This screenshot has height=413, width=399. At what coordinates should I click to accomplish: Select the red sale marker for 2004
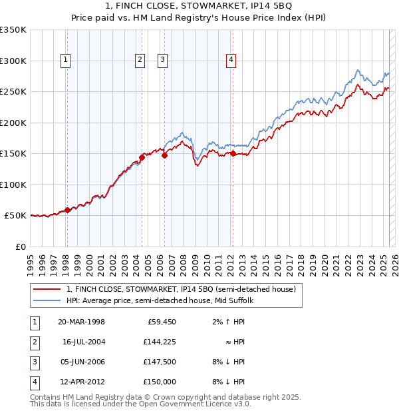[142, 158]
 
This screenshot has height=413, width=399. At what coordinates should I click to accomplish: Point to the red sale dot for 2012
[233, 154]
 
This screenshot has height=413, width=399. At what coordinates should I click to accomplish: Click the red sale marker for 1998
[67, 210]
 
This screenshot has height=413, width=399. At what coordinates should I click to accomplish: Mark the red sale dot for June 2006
[164, 155]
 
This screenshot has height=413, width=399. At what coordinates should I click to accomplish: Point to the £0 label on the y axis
[20, 246]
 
